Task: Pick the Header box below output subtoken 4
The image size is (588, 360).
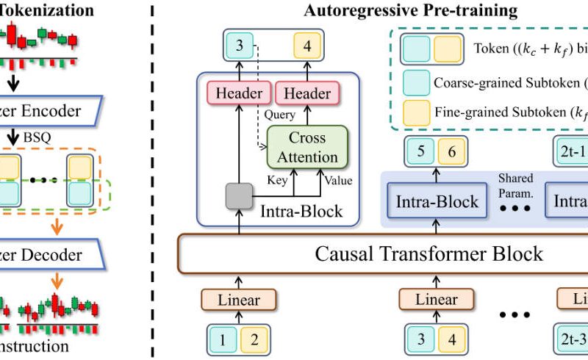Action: pos(307,94)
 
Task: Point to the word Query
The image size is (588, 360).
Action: pos(281,115)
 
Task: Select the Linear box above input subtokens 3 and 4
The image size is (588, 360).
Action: pos(437,299)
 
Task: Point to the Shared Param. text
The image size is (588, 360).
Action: pos(515,184)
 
